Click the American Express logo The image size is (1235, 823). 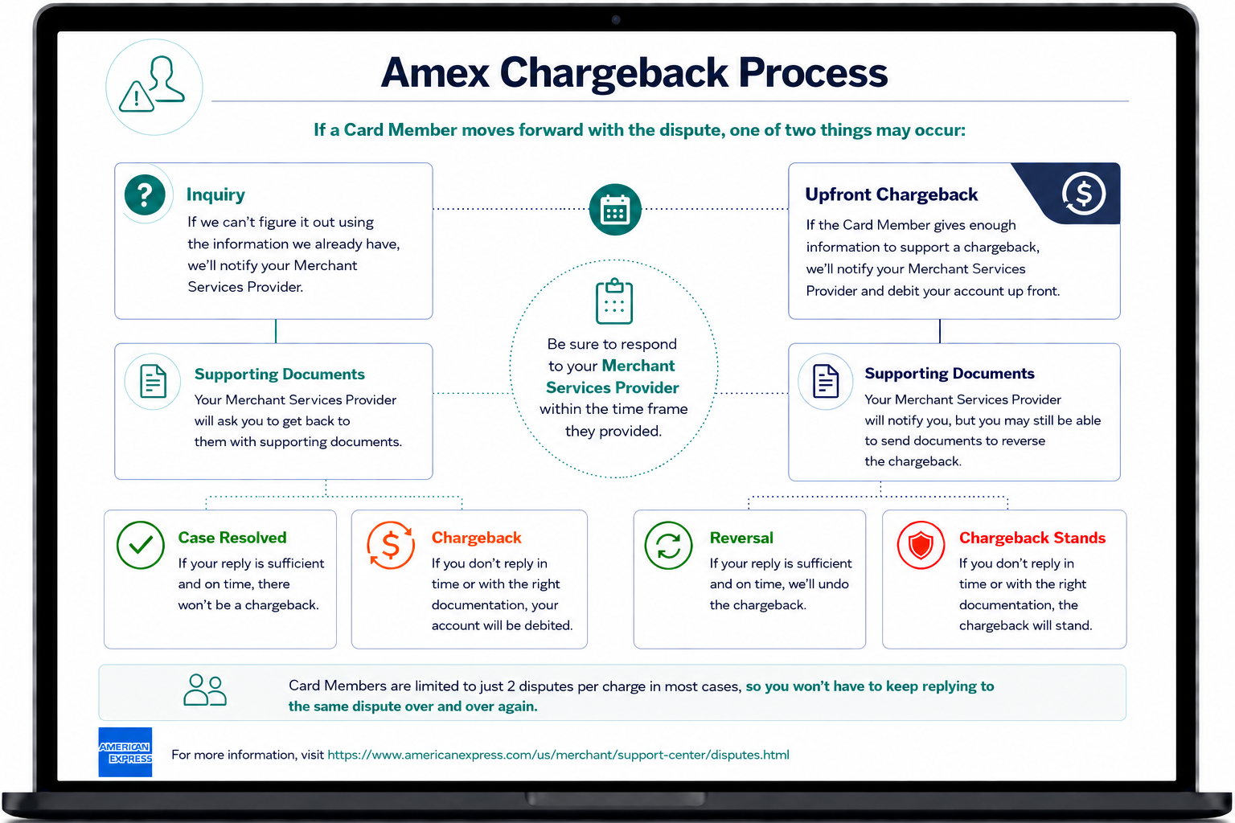(125, 752)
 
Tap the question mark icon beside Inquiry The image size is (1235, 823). (145, 194)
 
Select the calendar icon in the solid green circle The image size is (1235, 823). (615, 210)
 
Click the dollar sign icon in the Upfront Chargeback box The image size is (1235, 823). (1083, 194)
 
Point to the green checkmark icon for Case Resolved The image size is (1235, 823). (141, 545)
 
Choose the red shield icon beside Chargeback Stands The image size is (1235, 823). (921, 545)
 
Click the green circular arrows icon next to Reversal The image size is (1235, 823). (668, 545)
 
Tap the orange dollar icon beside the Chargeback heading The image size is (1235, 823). (391, 545)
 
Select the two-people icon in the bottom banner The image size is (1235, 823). (205, 690)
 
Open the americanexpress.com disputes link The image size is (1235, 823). (558, 755)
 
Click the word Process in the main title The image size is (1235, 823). (813, 73)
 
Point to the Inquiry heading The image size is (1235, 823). (215, 194)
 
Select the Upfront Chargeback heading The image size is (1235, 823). (891, 194)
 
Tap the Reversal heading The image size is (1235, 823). (741, 538)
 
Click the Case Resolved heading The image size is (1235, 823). (232, 538)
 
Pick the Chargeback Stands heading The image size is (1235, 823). (1032, 538)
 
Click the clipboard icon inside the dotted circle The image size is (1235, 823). (614, 301)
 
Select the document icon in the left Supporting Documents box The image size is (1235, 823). (153, 381)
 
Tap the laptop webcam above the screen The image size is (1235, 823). (616, 20)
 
